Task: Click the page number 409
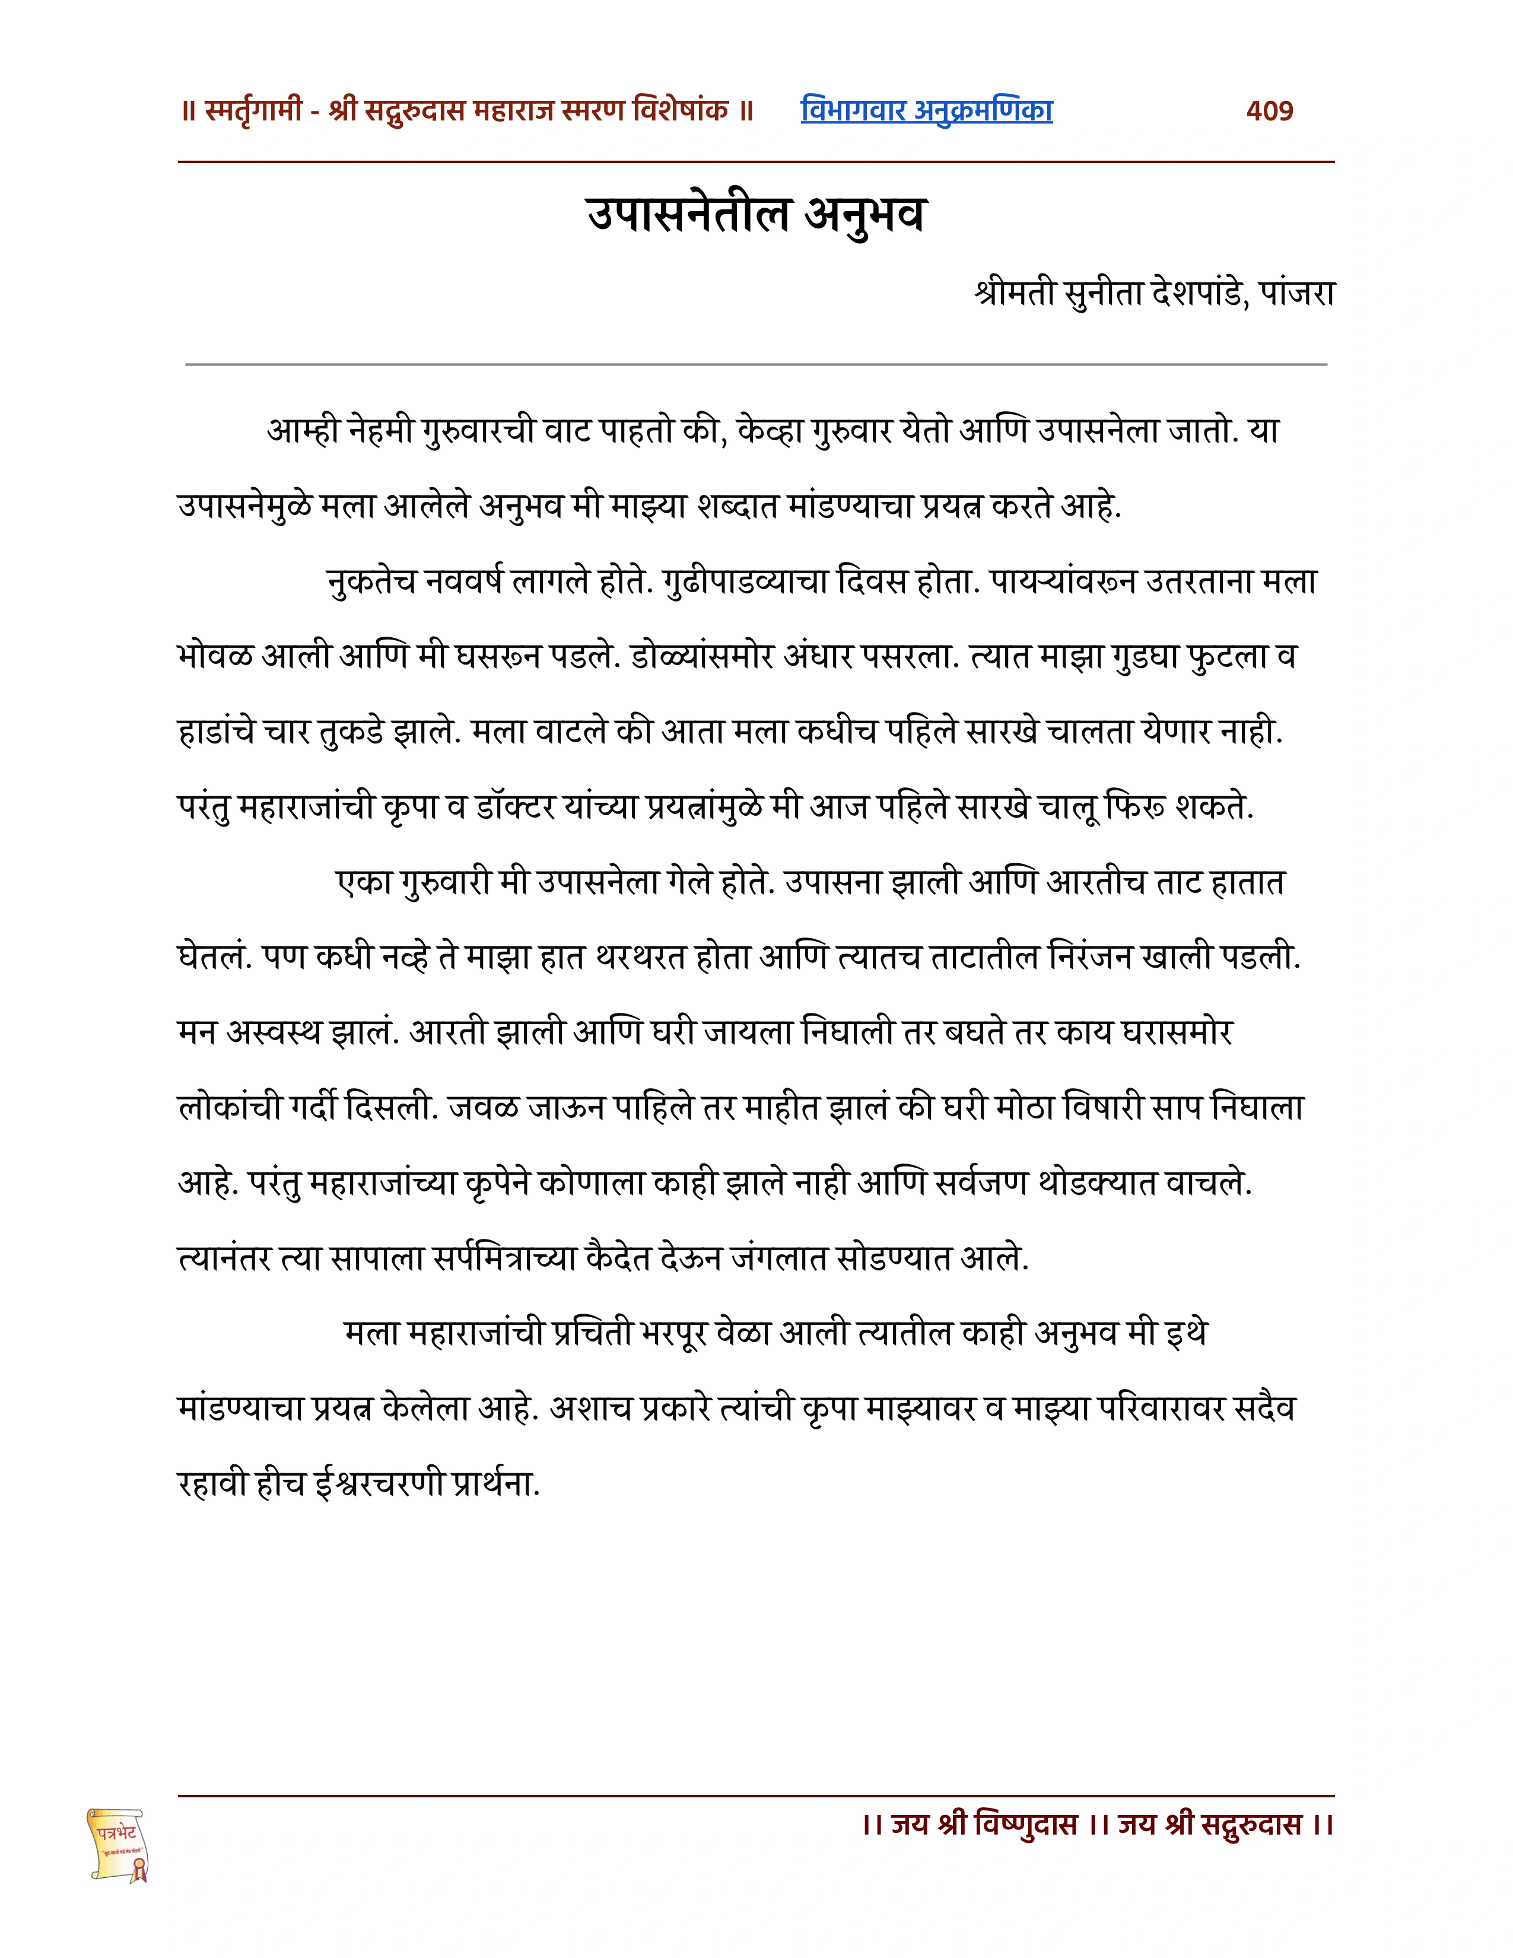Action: [x=1269, y=110]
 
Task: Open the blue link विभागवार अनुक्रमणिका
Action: [x=926, y=110]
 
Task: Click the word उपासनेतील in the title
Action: [x=688, y=214]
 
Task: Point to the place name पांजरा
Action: [x=1297, y=293]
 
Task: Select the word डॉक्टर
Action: [x=509, y=808]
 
